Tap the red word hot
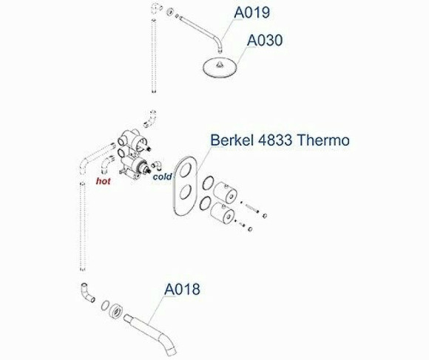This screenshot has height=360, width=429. [104, 180]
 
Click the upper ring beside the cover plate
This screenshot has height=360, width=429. [209, 183]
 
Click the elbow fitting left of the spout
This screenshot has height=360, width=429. [85, 293]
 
